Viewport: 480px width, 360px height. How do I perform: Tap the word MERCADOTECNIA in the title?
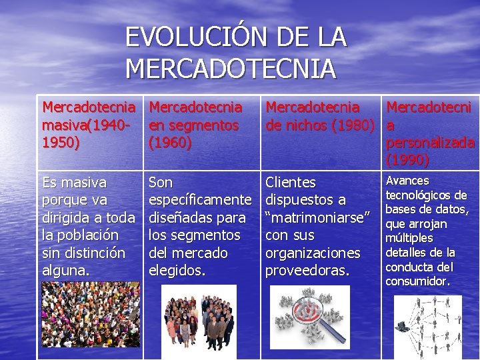pyautogui.click(x=231, y=69)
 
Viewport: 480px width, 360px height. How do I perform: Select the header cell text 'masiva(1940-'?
pyautogui.click(x=86, y=125)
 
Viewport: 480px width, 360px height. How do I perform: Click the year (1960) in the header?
pyautogui.click(x=171, y=142)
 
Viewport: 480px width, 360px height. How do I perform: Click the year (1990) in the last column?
pyautogui.click(x=407, y=160)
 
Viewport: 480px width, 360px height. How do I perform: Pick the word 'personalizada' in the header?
pyautogui.click(x=431, y=143)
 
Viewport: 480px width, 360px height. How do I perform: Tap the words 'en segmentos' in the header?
pyautogui.click(x=194, y=125)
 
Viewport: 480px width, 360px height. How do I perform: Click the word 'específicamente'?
pyautogui.click(x=200, y=200)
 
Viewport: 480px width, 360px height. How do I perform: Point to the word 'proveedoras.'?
pyautogui.click(x=307, y=271)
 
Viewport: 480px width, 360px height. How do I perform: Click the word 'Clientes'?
pyautogui.click(x=291, y=182)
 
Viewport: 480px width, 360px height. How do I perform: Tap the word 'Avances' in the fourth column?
pyautogui.click(x=407, y=181)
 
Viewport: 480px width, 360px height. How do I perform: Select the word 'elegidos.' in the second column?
pyautogui.click(x=177, y=271)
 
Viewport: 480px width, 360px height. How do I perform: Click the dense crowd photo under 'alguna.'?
pyautogui.click(x=91, y=314)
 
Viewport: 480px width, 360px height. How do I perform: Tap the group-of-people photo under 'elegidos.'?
pyautogui.click(x=200, y=317)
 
